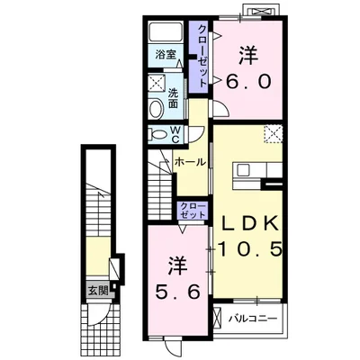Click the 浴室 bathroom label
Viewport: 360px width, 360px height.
click(x=166, y=55)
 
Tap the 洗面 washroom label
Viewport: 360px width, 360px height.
click(x=173, y=98)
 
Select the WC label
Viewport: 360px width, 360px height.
click(x=175, y=134)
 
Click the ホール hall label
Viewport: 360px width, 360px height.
click(x=190, y=162)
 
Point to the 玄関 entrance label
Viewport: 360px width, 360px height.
click(x=98, y=290)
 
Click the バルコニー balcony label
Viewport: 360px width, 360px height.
click(x=252, y=319)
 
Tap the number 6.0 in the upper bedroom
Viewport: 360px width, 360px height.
click(x=248, y=82)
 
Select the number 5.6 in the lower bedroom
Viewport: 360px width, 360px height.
click(x=177, y=292)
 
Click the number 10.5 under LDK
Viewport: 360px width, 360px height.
click(x=249, y=249)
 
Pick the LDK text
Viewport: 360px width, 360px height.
click(x=249, y=223)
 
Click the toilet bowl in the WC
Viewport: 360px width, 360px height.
click(x=157, y=134)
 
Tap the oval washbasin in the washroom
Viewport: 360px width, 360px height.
click(x=156, y=108)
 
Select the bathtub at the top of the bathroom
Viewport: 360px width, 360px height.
click(x=166, y=32)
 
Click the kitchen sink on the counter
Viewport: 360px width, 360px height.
click(x=244, y=171)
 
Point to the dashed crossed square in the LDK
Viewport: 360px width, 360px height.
click(x=273, y=134)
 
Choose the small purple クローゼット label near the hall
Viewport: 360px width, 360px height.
click(x=193, y=211)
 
